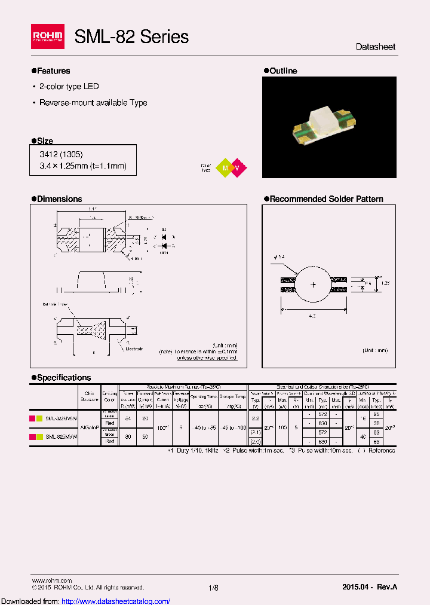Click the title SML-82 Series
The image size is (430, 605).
[x=131, y=37]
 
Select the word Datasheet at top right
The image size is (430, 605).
[x=375, y=47]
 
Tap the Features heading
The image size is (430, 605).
[x=53, y=71]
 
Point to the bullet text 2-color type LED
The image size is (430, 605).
[x=69, y=87]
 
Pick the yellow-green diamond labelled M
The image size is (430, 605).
[x=225, y=168]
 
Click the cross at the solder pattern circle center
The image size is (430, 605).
[x=313, y=285]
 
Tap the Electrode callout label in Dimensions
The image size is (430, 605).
[x=134, y=349]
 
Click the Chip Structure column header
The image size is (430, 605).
[x=90, y=396]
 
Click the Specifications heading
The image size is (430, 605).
[x=63, y=378]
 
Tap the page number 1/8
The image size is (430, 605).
[x=214, y=588]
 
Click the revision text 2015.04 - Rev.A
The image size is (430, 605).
[x=370, y=587]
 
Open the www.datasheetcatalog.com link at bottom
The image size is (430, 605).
[x=85, y=601]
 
